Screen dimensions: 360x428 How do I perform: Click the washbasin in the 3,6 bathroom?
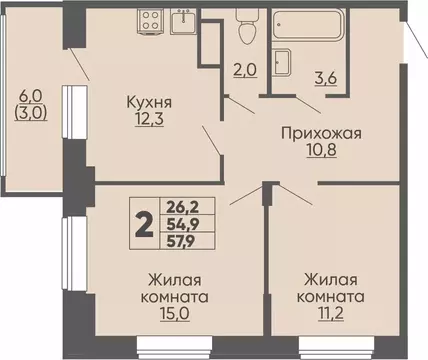coord(282,59)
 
